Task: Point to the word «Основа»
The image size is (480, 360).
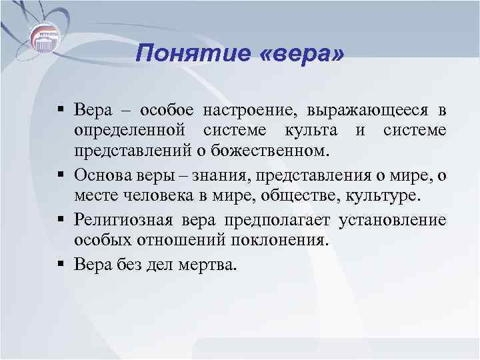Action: (x=104, y=175)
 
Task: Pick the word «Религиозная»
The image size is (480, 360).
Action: (x=121, y=220)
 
